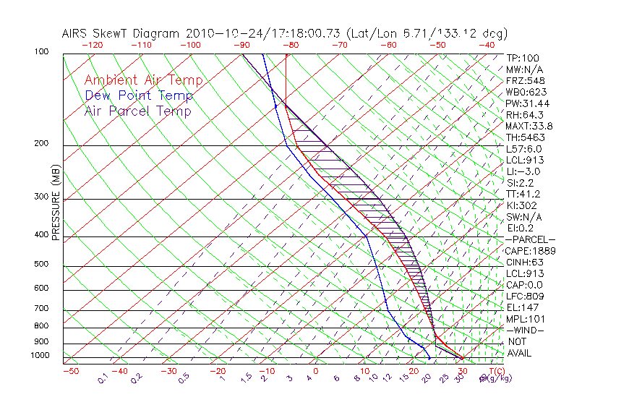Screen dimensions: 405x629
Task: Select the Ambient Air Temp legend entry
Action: [143, 80]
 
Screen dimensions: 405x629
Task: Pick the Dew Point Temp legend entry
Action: [139, 95]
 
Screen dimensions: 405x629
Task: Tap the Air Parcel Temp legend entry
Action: [138, 111]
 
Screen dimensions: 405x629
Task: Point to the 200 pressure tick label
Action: [41, 144]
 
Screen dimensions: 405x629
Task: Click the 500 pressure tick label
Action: [41, 265]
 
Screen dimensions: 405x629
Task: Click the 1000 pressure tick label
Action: [39, 355]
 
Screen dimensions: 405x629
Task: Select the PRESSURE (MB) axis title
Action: [56, 202]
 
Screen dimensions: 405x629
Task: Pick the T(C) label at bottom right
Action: [496, 372]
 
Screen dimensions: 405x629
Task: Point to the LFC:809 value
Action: [525, 296]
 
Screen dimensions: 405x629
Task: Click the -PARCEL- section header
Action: [531, 239]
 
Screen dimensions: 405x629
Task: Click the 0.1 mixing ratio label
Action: [103, 378]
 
